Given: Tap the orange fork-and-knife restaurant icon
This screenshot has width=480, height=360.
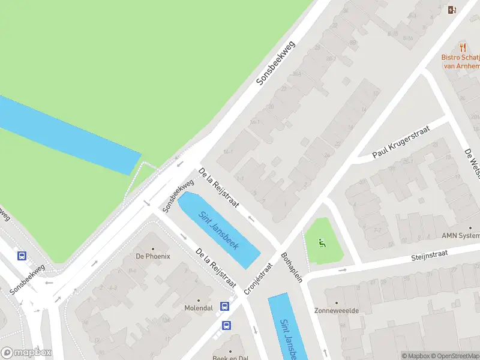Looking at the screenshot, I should click(463, 47).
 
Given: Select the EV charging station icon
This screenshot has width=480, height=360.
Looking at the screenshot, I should click(452, 9).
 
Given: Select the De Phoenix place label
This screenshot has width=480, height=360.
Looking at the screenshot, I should click(153, 256).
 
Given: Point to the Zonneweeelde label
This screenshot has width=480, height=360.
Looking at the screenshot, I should click(336, 311).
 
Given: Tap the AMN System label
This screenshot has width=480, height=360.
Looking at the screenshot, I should click(461, 235).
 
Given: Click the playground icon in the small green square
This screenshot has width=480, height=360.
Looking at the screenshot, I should click(322, 244).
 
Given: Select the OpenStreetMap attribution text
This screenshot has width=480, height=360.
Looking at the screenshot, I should click(454, 356).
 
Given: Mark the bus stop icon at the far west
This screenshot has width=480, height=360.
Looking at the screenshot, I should click(22, 256).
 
